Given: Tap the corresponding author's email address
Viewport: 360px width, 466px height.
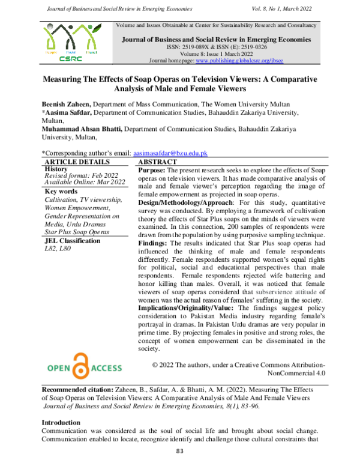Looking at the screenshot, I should pos(170,153).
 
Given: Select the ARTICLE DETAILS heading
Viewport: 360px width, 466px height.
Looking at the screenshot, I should pos(74,162).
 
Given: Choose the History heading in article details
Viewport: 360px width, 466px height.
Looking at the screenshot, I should pos(56,169).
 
